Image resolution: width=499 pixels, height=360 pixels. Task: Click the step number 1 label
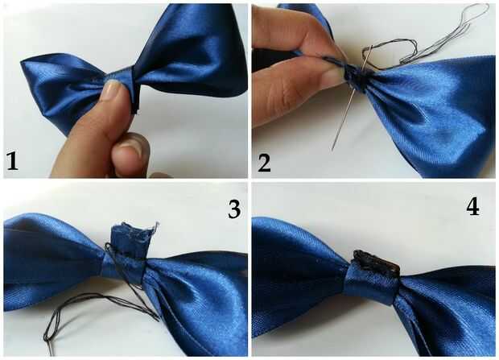12,161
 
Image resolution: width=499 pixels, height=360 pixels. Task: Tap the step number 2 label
264,163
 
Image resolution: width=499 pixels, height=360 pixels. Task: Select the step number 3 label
234,209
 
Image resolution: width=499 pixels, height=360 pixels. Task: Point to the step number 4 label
473,208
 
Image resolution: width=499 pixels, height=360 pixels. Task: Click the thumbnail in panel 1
112,90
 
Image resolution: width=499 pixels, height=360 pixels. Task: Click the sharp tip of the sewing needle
332,150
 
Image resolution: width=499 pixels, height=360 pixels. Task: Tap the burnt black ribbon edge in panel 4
376,262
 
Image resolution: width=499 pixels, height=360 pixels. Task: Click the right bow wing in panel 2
430,114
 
